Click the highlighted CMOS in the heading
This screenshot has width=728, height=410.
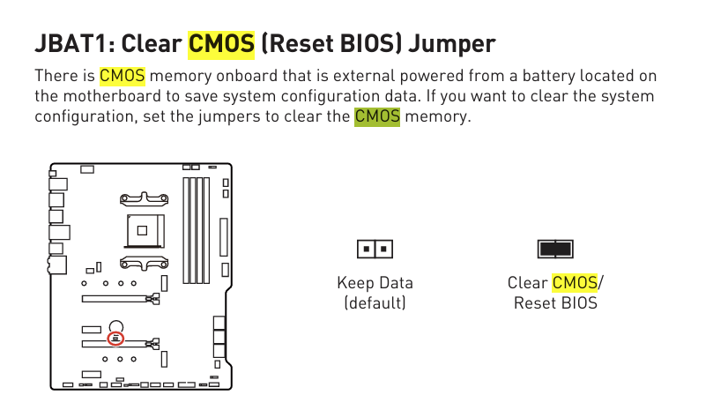click(x=221, y=42)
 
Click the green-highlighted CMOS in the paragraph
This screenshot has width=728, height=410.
click(x=377, y=116)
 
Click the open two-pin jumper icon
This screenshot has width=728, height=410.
click(x=375, y=249)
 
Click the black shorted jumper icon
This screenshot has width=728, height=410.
click(x=555, y=249)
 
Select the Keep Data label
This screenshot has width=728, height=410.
click(x=375, y=283)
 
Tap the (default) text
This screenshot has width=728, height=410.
click(x=375, y=303)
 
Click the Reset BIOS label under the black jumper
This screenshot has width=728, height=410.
click(x=555, y=303)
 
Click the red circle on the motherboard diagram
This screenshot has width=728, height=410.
click(x=115, y=338)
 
